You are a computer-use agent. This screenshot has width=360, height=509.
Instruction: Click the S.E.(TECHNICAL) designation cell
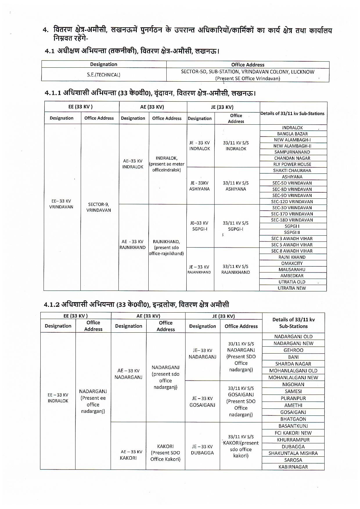tap(104, 75)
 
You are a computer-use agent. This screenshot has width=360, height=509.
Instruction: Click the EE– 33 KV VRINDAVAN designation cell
tap(61, 204)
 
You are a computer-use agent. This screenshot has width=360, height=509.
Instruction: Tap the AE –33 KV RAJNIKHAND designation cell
tap(133, 244)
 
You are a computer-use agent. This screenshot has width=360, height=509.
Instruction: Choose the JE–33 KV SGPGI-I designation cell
tap(199, 226)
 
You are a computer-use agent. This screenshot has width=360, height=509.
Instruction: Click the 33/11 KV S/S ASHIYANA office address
tap(236, 186)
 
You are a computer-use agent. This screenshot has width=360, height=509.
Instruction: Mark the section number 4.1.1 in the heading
tap(53, 93)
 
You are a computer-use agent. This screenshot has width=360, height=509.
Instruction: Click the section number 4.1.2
tap(52, 304)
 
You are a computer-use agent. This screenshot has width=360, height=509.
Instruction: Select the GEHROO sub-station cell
tap(293, 350)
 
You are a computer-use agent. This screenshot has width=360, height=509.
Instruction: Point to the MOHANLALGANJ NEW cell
tap(293, 377)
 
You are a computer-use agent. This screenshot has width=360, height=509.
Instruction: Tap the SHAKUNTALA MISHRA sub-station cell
tap(293, 453)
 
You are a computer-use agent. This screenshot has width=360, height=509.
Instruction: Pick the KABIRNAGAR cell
tap(293, 467)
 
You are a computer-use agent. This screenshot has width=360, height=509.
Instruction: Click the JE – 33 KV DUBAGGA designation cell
tap(202, 449)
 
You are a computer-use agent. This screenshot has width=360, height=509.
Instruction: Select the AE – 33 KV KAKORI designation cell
tap(128, 455)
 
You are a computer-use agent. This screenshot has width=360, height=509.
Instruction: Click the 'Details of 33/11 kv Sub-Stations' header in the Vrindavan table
tap(292, 113)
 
